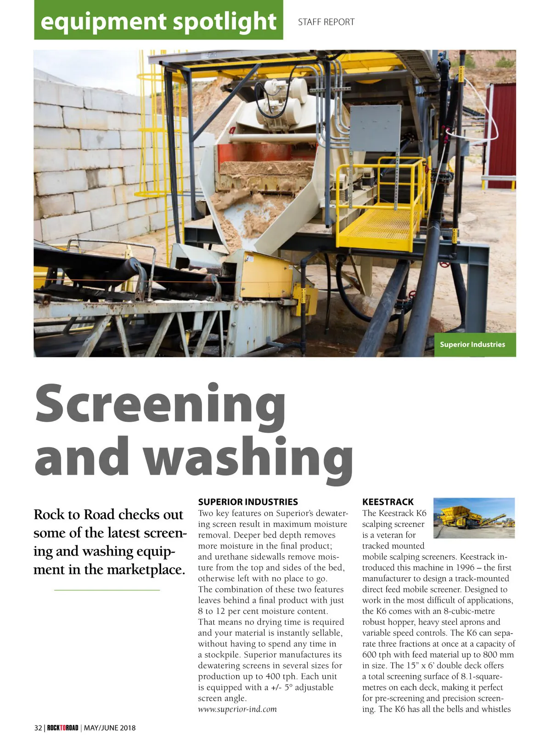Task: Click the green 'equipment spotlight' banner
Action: click(x=158, y=21)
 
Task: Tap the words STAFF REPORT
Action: click(x=326, y=22)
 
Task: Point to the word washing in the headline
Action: click(x=248, y=457)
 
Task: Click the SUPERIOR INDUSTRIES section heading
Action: click(x=248, y=502)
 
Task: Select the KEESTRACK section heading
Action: click(x=388, y=502)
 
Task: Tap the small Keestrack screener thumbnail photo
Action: click(x=474, y=518)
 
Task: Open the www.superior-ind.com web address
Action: click(x=237, y=709)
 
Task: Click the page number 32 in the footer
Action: click(x=38, y=728)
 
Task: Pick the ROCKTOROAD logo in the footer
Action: click(x=62, y=728)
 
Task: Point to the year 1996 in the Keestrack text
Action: click(x=465, y=567)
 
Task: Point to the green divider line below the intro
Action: click(x=107, y=589)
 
